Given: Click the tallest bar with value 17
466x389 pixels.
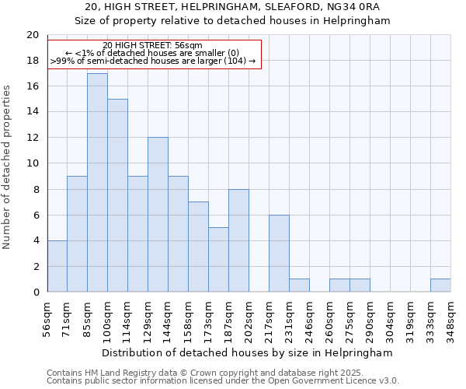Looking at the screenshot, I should (x=97, y=183).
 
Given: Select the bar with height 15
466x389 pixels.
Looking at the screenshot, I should (x=117, y=195).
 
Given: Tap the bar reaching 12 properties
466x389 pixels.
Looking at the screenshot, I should (x=158, y=215).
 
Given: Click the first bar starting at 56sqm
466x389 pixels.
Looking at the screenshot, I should (x=57, y=266).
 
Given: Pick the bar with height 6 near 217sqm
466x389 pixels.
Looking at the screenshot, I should (x=279, y=254).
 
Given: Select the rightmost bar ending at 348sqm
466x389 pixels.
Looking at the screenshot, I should (x=440, y=286).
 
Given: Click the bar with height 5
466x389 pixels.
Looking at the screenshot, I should (x=218, y=260).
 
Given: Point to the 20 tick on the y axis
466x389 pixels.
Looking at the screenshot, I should (x=33, y=35).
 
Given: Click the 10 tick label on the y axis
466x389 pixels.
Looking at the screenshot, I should (x=33, y=163).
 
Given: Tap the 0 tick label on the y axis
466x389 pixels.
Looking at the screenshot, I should (x=36, y=292).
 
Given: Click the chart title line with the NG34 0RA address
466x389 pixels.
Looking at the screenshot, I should (x=232, y=7).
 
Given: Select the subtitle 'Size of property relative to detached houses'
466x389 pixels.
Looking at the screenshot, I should (x=232, y=21).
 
